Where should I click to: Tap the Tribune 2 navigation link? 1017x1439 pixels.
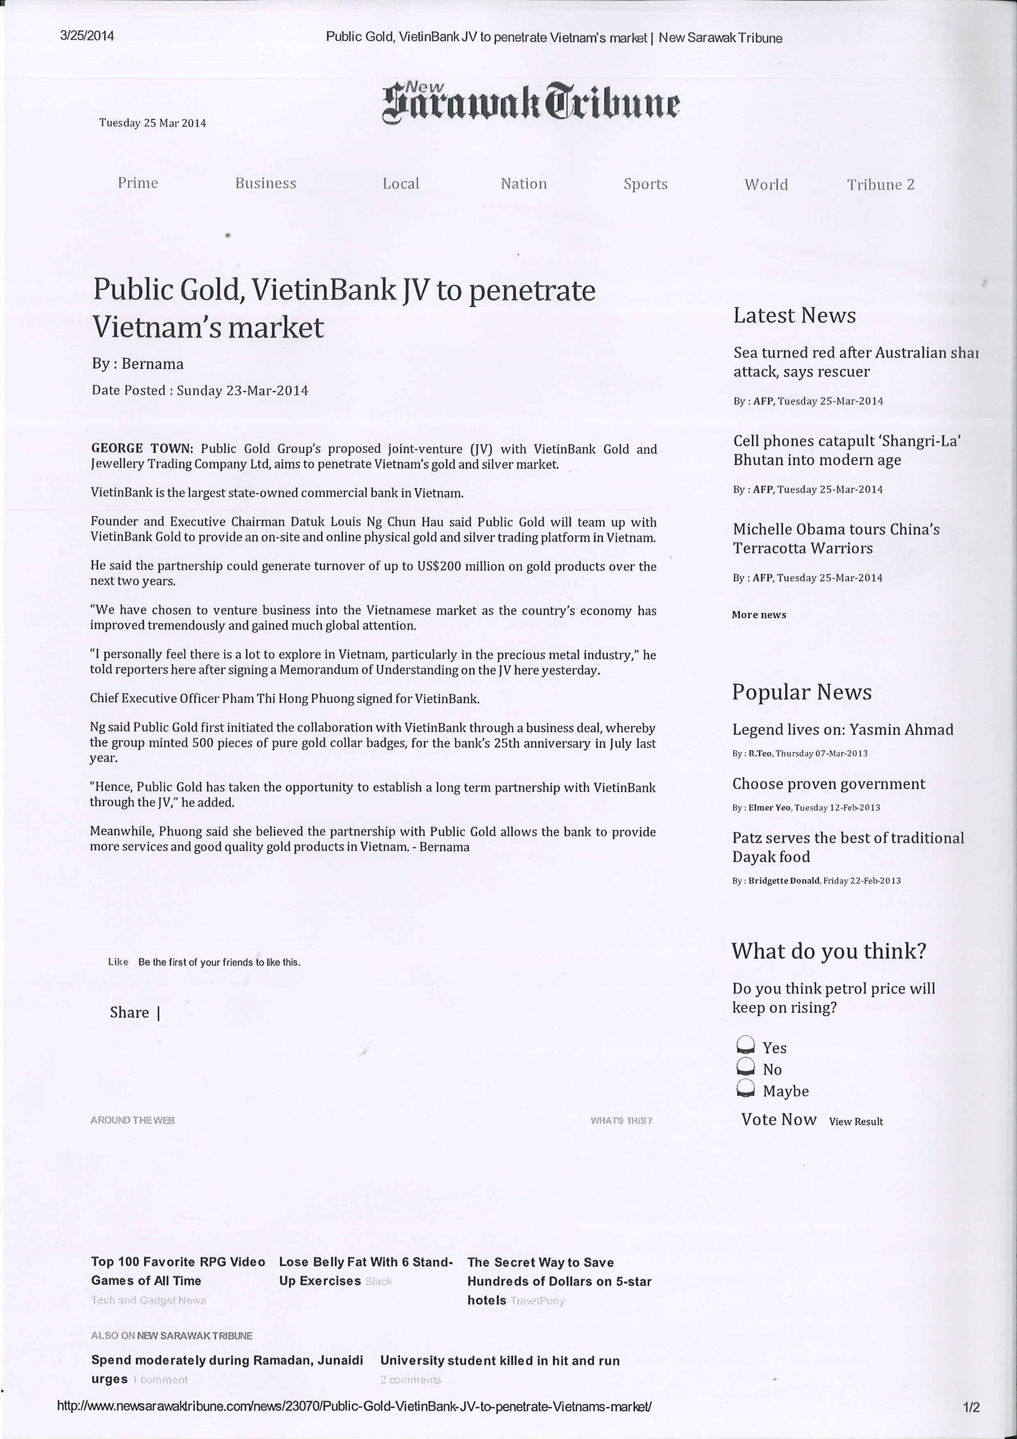click(x=880, y=184)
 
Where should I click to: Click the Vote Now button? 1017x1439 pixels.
click(x=778, y=1119)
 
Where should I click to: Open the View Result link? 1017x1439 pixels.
click(x=855, y=1121)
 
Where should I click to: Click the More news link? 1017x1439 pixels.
click(x=758, y=615)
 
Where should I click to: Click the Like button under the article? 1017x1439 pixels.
click(x=118, y=962)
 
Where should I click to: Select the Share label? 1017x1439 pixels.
click(x=129, y=1012)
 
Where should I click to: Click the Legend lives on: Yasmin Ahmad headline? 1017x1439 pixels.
click(x=842, y=729)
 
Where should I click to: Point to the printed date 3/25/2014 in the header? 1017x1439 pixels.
click(x=87, y=36)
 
